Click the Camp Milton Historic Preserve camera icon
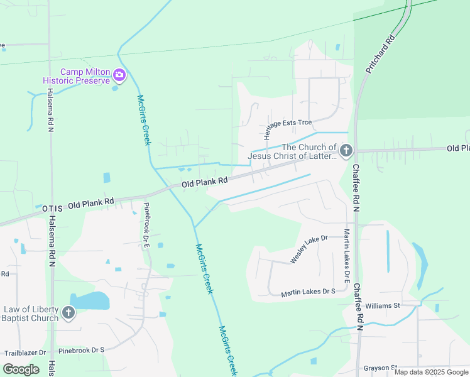pos(119,76)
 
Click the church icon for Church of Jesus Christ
pos(346,151)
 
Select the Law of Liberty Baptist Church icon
pos(68,312)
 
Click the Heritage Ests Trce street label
pos(288,123)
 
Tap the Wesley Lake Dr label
pos(309,249)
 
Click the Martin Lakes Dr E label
pos(346,254)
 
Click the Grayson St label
pos(380,368)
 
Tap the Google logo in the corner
pos(21,369)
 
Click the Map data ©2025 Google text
pos(431,372)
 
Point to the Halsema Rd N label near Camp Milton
pos(50,109)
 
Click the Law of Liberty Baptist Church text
pos(31,314)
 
